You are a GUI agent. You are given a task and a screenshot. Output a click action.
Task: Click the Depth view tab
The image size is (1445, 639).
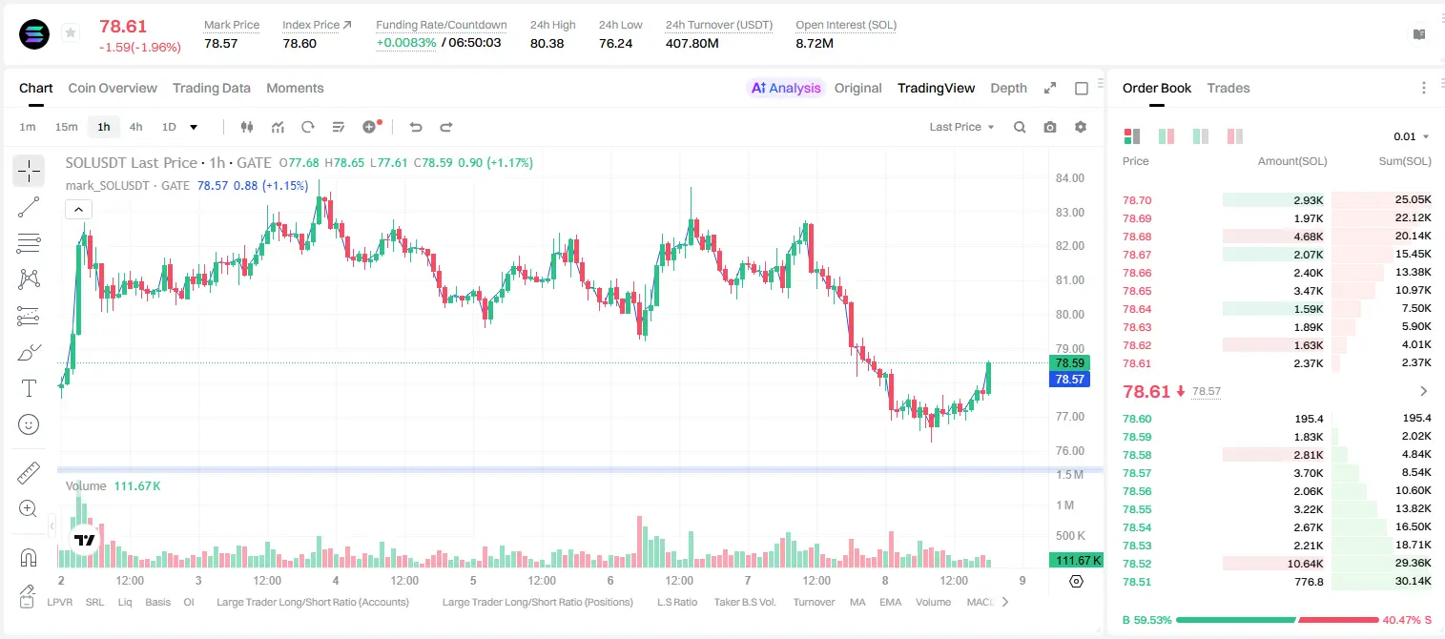pyautogui.click(x=1008, y=88)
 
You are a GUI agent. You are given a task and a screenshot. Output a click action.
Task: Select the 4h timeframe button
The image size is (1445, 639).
pyautogui.click(x=135, y=127)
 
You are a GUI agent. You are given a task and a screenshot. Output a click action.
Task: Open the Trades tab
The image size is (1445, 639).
pyautogui.click(x=1228, y=88)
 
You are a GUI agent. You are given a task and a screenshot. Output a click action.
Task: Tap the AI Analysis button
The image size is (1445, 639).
pyautogui.click(x=786, y=88)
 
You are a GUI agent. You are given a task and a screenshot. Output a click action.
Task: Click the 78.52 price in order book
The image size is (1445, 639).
pyautogui.click(x=1137, y=564)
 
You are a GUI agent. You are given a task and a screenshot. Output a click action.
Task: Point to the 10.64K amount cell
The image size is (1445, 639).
pyautogui.click(x=1305, y=564)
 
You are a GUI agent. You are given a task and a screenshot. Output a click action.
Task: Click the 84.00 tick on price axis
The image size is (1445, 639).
pyautogui.click(x=1069, y=178)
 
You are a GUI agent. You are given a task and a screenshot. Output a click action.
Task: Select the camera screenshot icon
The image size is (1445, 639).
pyautogui.click(x=1050, y=127)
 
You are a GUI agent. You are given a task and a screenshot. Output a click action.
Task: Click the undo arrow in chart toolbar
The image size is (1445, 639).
pyautogui.click(x=416, y=127)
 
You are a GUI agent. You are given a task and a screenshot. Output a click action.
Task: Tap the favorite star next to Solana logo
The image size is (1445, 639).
pyautogui.click(x=71, y=32)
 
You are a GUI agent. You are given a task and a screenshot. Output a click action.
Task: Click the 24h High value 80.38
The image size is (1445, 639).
pyautogui.click(x=547, y=43)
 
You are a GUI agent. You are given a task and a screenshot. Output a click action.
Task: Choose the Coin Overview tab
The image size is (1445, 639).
pyautogui.click(x=113, y=88)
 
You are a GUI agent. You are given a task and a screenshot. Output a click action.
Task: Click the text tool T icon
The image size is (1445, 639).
pyautogui.click(x=29, y=388)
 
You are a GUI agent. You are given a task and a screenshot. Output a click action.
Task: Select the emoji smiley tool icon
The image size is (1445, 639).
pyautogui.click(x=29, y=424)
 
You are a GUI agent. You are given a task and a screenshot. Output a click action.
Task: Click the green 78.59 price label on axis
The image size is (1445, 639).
pyautogui.click(x=1069, y=363)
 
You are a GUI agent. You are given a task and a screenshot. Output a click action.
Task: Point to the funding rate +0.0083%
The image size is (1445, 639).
pyautogui.click(x=405, y=43)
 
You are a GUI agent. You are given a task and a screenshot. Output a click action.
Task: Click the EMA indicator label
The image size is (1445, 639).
pyautogui.click(x=890, y=602)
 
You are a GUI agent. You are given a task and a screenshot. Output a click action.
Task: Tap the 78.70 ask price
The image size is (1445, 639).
pyautogui.click(x=1137, y=200)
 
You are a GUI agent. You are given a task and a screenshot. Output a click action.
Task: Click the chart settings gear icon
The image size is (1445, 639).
pyautogui.click(x=1081, y=127)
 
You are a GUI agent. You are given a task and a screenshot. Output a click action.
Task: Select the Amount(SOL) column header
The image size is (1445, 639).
pyautogui.click(x=1292, y=161)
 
